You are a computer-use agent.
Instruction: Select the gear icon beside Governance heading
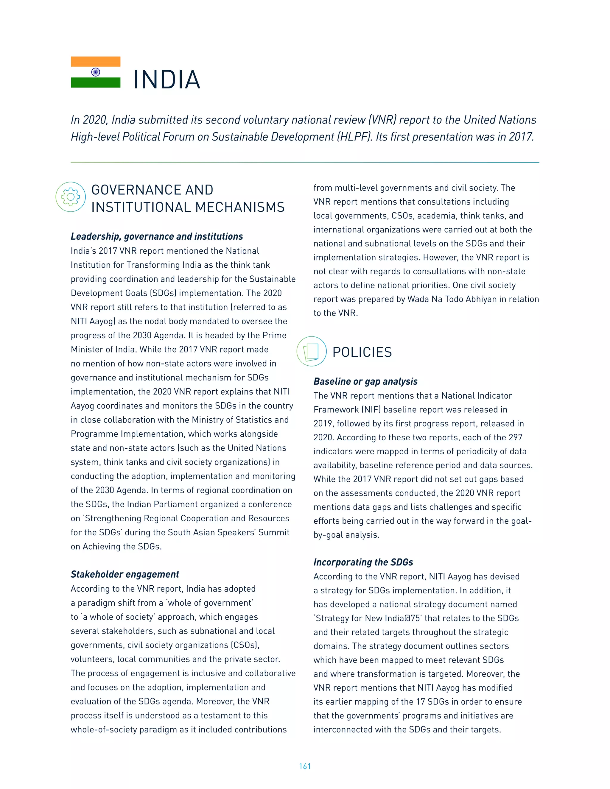coord(71,197)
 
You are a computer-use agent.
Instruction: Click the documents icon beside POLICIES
coord(311,352)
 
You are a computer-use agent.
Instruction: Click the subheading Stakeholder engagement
coord(125,574)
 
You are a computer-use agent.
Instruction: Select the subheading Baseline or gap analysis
coord(365,381)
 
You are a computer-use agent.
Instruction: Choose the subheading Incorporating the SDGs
coord(363,562)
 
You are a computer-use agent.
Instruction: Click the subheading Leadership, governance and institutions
coord(156,236)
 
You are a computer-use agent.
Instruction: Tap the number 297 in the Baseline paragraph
coord(515,437)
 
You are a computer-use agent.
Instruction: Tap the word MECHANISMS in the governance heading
coord(239,207)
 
